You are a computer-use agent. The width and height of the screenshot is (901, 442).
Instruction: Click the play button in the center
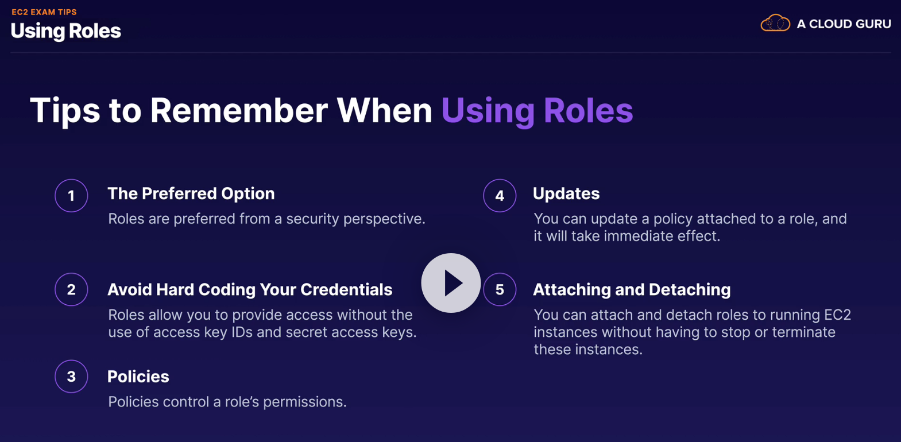(451, 283)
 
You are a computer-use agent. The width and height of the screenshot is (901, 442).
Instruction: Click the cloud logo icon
(775, 23)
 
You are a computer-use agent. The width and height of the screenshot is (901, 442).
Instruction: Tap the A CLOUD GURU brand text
(844, 24)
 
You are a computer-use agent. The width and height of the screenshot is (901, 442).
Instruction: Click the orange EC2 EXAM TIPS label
(44, 12)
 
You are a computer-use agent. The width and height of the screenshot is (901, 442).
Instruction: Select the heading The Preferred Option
(191, 194)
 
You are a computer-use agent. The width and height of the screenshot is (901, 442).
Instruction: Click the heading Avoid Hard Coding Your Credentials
(250, 289)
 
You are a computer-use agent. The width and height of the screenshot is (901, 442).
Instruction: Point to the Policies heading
(138, 377)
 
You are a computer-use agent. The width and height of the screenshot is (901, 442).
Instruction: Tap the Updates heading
(566, 194)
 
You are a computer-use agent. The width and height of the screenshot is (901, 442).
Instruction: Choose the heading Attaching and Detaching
(632, 289)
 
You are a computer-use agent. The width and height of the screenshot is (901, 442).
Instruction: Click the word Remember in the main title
(239, 111)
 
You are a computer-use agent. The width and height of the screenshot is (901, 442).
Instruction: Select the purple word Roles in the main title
(589, 111)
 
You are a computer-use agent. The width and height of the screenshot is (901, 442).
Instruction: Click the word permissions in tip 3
(304, 402)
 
